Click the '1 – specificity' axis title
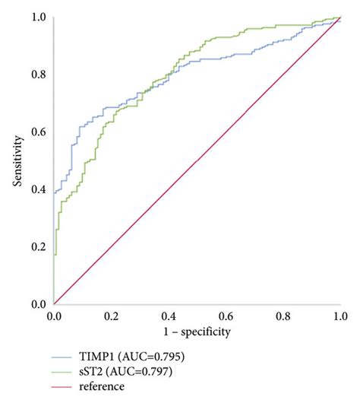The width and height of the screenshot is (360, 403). tap(197, 332)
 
